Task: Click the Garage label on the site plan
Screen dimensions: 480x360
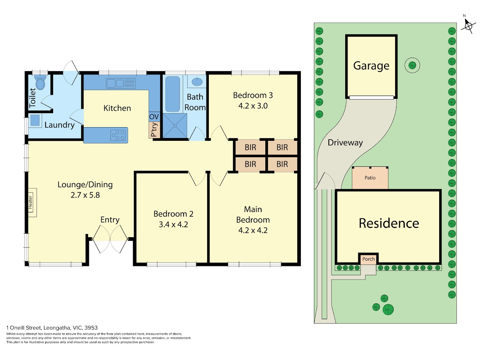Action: tap(371, 66)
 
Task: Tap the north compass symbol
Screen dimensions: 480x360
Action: tap(468, 26)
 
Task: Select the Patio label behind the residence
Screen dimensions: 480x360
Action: tap(370, 178)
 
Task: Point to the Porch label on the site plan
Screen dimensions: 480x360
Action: tap(368, 259)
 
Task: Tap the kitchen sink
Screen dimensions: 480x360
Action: tap(120, 83)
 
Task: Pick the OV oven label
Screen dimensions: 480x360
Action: tap(154, 117)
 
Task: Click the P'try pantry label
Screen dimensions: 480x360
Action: tap(154, 130)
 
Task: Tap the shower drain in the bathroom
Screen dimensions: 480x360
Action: tap(175, 126)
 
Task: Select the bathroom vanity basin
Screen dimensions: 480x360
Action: tap(197, 82)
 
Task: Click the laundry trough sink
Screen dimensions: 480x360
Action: tap(35, 120)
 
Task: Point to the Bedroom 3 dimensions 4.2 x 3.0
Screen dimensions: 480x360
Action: tap(253, 106)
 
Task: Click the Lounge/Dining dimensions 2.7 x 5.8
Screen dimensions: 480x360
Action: tap(85, 195)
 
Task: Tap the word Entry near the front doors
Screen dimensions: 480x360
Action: tap(110, 220)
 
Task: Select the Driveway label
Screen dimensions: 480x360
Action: tap(345, 143)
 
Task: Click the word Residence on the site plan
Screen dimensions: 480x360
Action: tap(389, 223)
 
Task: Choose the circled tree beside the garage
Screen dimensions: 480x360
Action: tap(412, 65)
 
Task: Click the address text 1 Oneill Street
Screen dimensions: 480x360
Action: tap(24, 328)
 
